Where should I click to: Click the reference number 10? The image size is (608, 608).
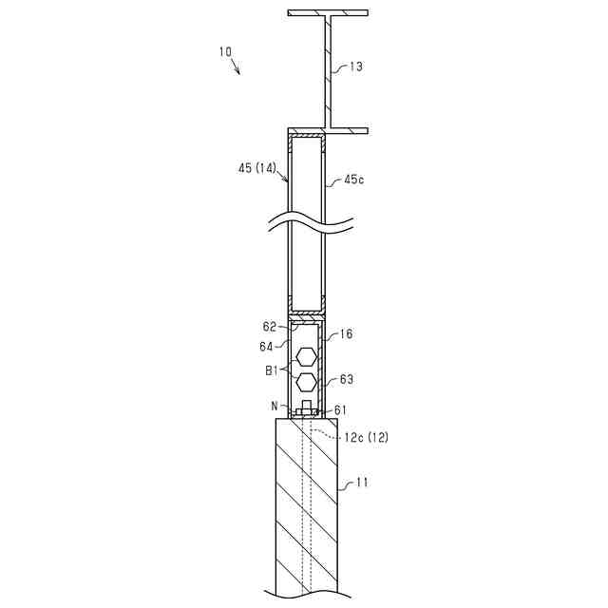tap(225, 51)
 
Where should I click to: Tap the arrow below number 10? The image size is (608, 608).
tap(236, 66)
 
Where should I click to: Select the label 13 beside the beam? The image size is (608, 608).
tap(355, 66)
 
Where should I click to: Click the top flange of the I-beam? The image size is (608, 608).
tap(328, 12)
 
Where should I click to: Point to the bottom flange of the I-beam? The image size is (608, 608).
tap(328, 131)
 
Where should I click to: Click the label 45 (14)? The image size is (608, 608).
tap(257, 168)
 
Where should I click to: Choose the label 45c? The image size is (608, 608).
tap(354, 180)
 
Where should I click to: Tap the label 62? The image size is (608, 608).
tap(269, 327)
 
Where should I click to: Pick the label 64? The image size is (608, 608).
tap(266, 346)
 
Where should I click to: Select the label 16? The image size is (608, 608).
tap(346, 333)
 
